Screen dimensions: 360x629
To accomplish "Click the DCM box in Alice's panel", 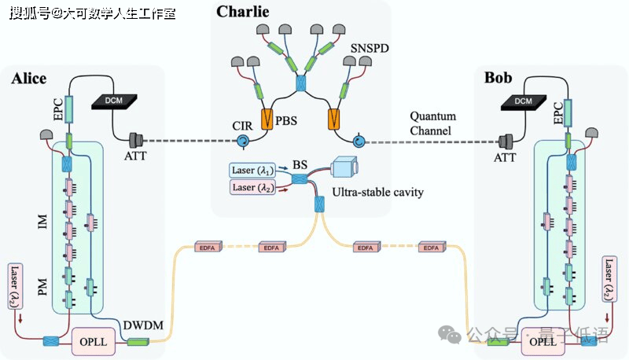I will [x=114, y=101].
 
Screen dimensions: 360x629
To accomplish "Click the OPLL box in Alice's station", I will [x=94, y=341].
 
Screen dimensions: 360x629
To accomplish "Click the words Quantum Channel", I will [x=433, y=122].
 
